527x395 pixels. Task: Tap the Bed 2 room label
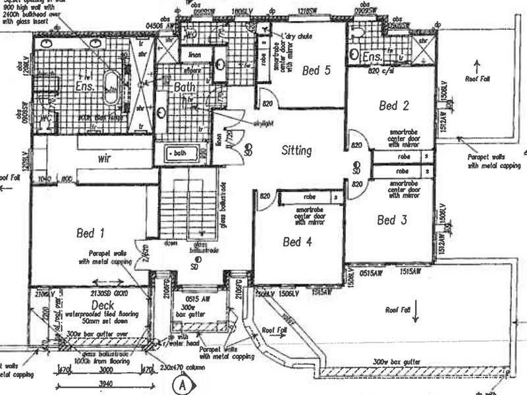(x=395, y=105)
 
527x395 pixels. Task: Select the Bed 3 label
(x=391, y=221)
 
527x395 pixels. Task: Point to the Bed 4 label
(x=297, y=242)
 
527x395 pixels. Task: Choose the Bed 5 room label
(x=316, y=71)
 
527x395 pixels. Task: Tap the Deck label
(x=103, y=305)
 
